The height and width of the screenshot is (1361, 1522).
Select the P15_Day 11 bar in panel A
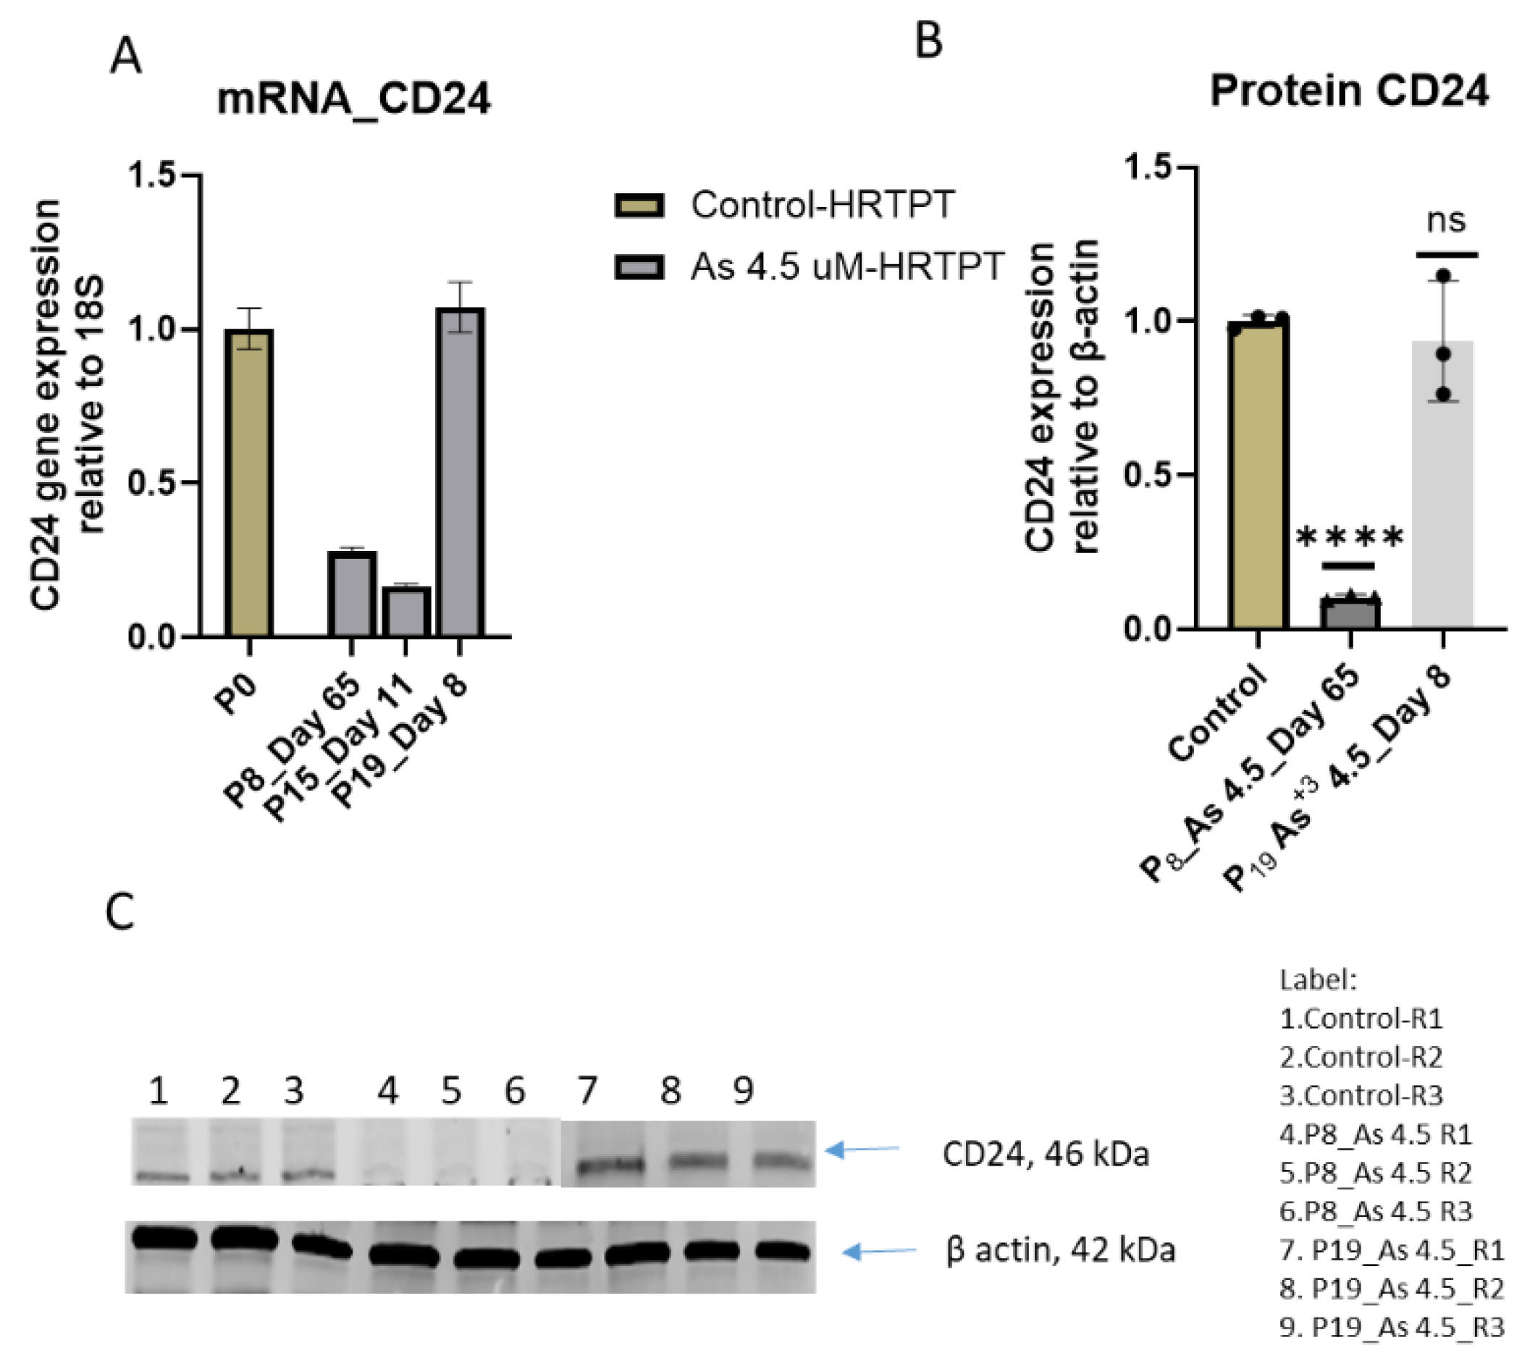[x=406, y=612]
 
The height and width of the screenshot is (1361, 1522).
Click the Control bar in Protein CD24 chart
[x=1258, y=473]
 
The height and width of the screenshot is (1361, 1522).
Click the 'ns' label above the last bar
[x=1445, y=221]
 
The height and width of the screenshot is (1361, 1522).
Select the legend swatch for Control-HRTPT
[x=639, y=205]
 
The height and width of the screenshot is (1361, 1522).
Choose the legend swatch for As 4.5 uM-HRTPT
[x=639, y=267]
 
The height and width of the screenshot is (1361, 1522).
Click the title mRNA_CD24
[x=354, y=98]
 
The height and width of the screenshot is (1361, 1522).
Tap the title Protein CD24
[x=1349, y=91]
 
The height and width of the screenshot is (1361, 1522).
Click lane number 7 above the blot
[x=587, y=1091]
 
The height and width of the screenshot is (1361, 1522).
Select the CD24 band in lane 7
[x=610, y=1164]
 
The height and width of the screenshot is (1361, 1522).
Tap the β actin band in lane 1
[x=164, y=1239]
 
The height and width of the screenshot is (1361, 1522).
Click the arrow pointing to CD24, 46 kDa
[x=864, y=1150]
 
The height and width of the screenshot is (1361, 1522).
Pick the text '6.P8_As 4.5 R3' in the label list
[x=1376, y=1210]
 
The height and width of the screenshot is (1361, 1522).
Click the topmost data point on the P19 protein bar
[x=1444, y=277]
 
